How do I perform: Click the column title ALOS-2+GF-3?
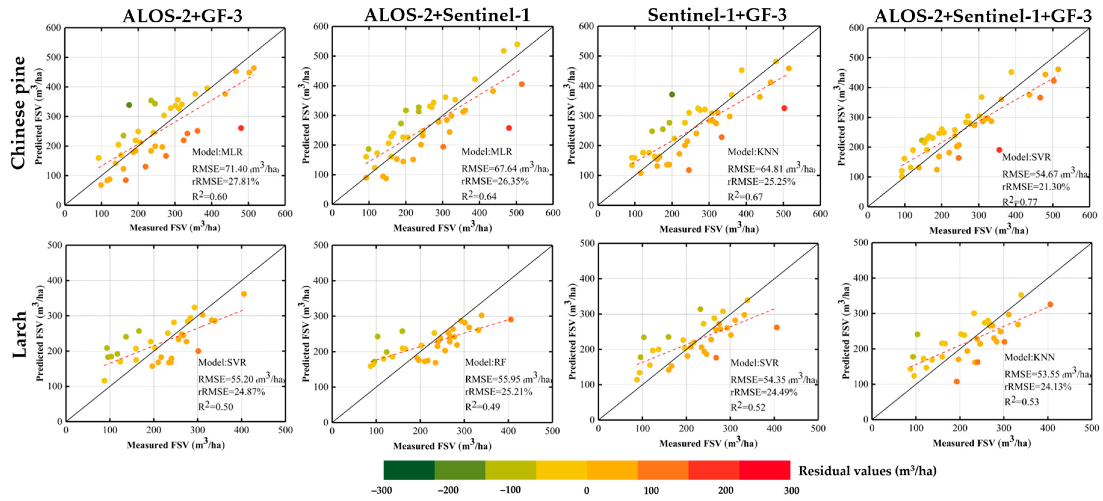coord(182,16)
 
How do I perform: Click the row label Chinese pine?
coord(18,113)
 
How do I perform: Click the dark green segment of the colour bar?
coord(409,470)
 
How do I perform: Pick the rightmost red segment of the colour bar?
coord(764,470)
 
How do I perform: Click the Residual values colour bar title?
coord(867,471)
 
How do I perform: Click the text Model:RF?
coord(485,362)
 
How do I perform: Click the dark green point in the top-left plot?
coord(129,105)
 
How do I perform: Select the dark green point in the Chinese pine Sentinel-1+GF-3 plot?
coord(672,94)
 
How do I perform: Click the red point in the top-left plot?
coord(241,128)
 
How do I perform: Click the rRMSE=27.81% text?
coord(225,181)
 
